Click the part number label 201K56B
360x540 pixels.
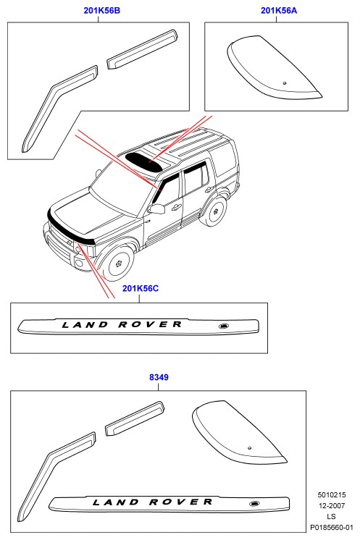click(102, 10)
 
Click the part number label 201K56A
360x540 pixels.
click(279, 10)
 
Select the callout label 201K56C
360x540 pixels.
click(141, 288)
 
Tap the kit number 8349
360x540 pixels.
click(159, 377)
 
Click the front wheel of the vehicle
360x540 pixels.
click(118, 263)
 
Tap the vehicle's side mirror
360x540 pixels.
click(156, 208)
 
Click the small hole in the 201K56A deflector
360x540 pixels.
click(285, 83)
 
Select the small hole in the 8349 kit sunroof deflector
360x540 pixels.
click(249, 448)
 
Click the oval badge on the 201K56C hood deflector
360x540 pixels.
click(224, 326)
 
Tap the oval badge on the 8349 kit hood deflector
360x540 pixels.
click(254, 504)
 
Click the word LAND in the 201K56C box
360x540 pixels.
click(85, 324)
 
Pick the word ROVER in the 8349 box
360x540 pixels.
click(181, 502)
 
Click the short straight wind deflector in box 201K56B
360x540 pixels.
click(142, 49)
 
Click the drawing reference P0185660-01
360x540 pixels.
click(332, 527)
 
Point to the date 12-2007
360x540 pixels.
click(332, 505)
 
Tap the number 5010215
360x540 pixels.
click(332, 495)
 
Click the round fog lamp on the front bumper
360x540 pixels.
click(79, 264)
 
